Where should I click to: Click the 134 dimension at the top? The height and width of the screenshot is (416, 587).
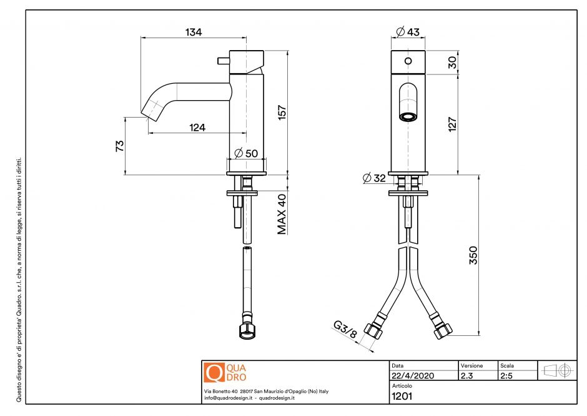(194, 32)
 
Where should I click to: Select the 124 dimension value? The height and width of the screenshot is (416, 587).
(197, 128)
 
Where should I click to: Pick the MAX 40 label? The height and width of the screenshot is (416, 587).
(282, 213)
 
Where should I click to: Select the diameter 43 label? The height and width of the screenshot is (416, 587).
(408, 32)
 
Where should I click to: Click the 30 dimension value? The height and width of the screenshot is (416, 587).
(453, 62)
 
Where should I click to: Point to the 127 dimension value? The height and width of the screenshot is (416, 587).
(453, 124)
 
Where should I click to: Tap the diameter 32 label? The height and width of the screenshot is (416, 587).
(375, 178)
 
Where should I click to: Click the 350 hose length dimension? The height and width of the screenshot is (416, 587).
(473, 255)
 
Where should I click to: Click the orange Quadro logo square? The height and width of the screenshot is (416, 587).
(214, 373)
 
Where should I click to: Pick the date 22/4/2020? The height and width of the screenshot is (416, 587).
(412, 376)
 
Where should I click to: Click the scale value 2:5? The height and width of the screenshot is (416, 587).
(507, 376)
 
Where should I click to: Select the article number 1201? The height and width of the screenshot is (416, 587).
(400, 395)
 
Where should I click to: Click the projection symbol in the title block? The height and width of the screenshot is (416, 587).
(558, 370)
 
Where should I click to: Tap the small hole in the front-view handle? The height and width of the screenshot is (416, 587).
(408, 61)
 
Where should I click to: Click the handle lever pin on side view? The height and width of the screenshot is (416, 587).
(222, 60)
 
